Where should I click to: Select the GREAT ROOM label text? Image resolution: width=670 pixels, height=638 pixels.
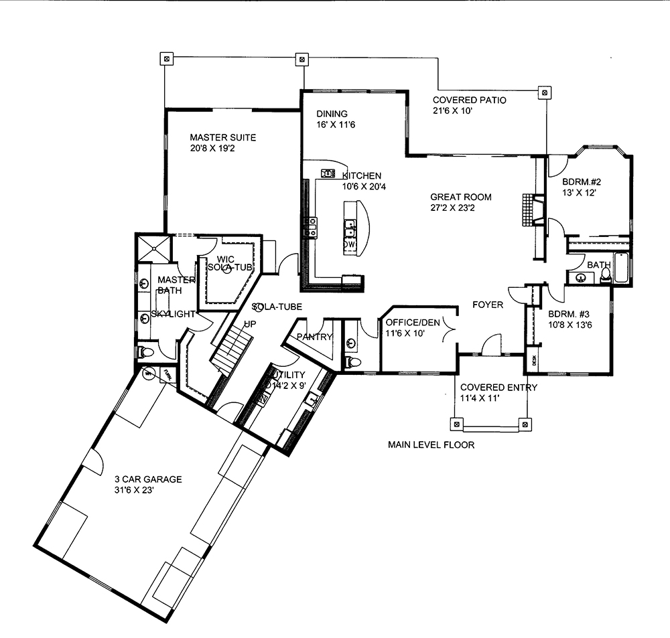click(460, 197)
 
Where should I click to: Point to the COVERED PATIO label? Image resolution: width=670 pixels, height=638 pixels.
click(469, 100)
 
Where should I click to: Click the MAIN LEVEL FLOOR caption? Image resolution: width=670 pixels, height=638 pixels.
click(431, 445)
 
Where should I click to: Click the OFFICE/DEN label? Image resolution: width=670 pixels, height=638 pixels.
click(413, 322)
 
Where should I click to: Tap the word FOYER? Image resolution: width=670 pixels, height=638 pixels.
click(487, 305)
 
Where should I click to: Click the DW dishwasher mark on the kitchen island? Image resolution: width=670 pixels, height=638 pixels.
click(349, 245)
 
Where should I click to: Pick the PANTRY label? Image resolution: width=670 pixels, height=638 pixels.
click(314, 337)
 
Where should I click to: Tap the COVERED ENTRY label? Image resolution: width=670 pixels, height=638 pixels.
click(498, 387)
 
